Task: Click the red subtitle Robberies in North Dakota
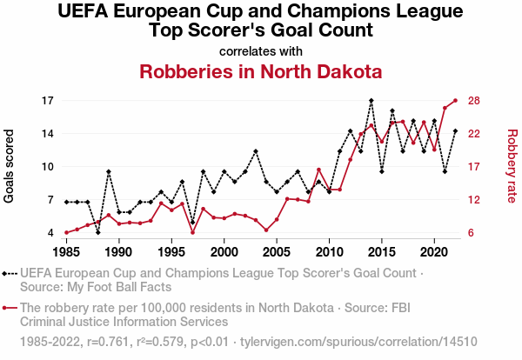[260, 70]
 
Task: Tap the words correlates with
[260, 50]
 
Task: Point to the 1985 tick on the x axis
[66, 251]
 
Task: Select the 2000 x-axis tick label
[224, 251]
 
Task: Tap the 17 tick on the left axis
[49, 100]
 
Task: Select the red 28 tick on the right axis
[475, 100]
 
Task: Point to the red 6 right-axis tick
[472, 233]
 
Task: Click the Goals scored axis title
[10, 166]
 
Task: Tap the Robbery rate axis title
[512, 166]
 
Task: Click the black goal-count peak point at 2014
[371, 101]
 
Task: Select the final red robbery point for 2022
[455, 100]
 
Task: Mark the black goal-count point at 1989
[109, 172]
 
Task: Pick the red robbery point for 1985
[66, 233]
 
